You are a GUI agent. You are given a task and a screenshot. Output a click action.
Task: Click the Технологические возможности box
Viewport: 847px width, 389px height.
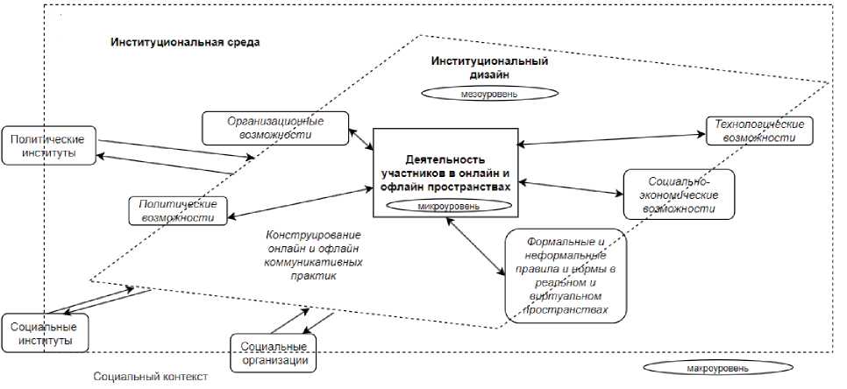pos(759,131)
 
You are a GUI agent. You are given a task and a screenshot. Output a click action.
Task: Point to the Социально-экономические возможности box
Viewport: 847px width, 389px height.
pos(678,194)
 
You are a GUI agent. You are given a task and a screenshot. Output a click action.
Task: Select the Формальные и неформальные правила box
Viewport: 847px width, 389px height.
pos(566,276)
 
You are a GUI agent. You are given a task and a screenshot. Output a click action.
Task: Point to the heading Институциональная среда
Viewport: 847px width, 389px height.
pos(185,42)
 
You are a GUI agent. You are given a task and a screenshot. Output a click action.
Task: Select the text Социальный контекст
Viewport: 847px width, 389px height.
pos(151,377)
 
